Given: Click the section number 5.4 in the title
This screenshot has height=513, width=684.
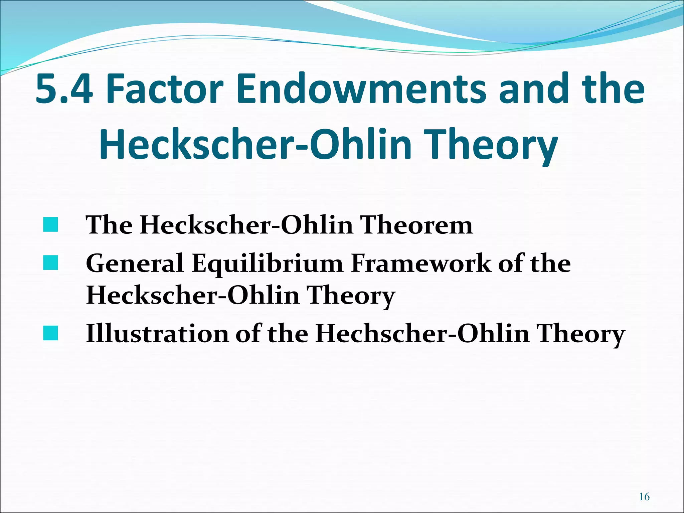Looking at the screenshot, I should (x=63, y=89).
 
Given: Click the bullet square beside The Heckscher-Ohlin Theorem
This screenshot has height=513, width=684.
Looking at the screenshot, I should (x=50, y=225).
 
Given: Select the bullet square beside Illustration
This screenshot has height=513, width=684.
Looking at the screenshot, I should (x=50, y=333).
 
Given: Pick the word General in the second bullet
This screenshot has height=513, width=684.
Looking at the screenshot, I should (x=135, y=263).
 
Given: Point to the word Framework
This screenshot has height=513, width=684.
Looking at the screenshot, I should (x=421, y=263).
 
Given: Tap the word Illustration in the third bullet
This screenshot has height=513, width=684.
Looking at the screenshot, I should (x=157, y=333).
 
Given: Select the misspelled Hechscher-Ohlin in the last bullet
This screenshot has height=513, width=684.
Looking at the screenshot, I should (x=422, y=333).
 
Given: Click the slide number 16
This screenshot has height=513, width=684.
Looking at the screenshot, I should (x=644, y=497).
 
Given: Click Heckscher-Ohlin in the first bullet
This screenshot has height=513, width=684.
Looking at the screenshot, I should (x=246, y=225).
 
